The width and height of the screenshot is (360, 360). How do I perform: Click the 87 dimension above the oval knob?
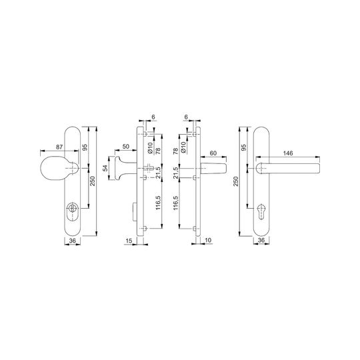pos(59,147)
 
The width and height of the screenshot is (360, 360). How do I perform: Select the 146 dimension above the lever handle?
pos(288,153)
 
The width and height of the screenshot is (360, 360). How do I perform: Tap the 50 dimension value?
pos(126,146)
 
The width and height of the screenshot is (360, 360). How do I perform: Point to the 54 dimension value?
pos(105,168)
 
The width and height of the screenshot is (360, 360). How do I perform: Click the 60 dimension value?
pos(213,153)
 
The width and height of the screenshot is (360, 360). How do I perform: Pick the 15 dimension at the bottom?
pos(129,241)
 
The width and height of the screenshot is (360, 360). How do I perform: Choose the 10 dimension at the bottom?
pos(208,241)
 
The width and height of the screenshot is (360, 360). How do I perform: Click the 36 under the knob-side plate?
pos(72,241)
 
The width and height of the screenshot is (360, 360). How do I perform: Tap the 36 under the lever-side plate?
pos(261,240)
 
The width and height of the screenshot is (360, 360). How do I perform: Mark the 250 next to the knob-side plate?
pos(92,181)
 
